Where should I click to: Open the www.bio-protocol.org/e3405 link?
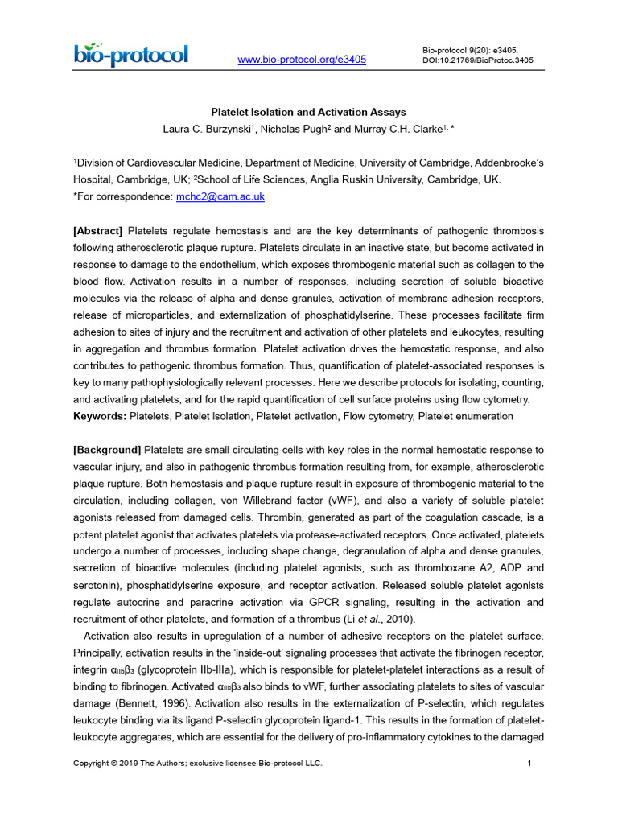pos(303,60)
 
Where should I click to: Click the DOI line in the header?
pos(477,60)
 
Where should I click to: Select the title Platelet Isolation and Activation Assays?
pos(308,113)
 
